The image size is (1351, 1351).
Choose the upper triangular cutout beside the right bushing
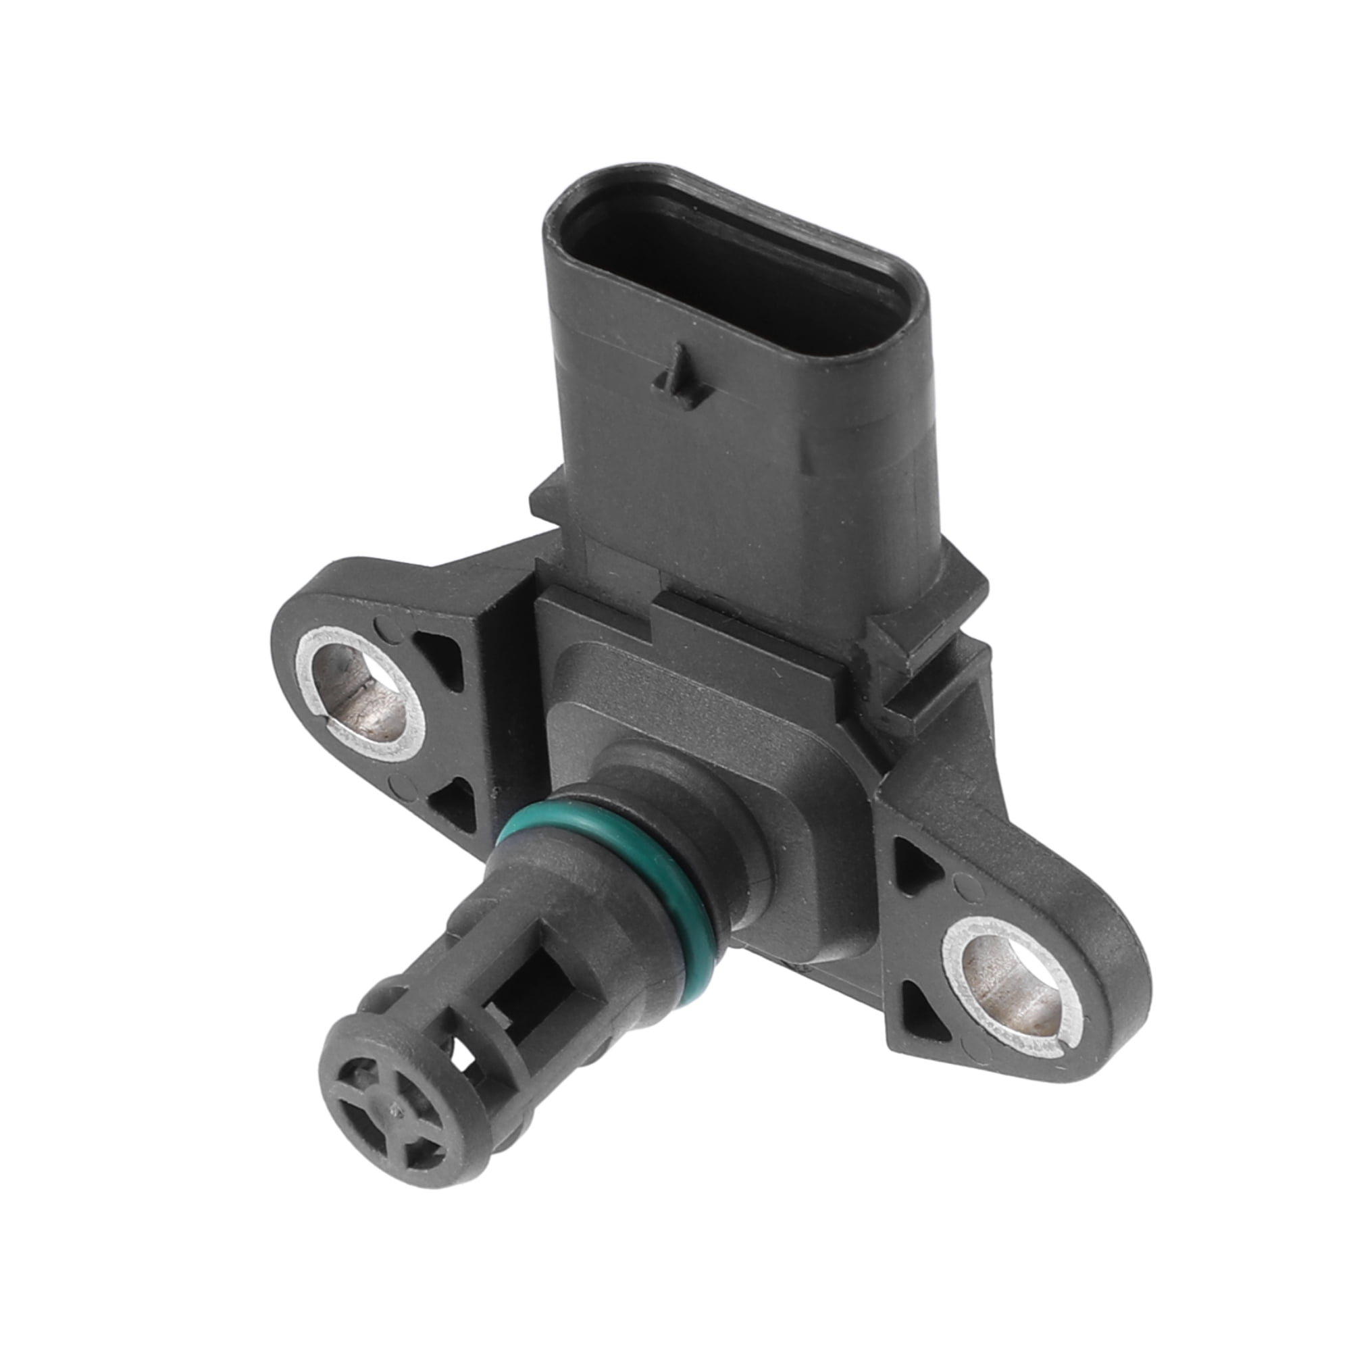click(916, 867)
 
